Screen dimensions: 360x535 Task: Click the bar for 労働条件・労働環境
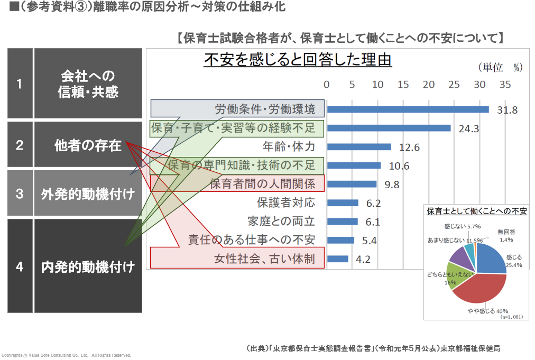(x=408, y=109)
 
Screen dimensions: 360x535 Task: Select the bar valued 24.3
(x=389, y=128)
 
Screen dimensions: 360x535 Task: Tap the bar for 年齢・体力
(x=359, y=147)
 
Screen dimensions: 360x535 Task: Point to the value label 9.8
(x=392, y=184)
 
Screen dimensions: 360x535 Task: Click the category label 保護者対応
(x=285, y=202)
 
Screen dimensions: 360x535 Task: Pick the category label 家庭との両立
(x=281, y=221)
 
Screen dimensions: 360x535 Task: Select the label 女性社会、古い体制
(x=264, y=259)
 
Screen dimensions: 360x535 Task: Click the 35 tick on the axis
(x=505, y=85)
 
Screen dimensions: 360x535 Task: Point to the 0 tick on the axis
(x=327, y=85)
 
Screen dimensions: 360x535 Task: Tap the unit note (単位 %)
(x=500, y=68)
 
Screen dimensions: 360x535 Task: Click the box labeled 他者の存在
(x=88, y=145)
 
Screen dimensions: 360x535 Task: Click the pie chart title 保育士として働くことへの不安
(x=476, y=211)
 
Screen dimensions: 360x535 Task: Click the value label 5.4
(x=369, y=241)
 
